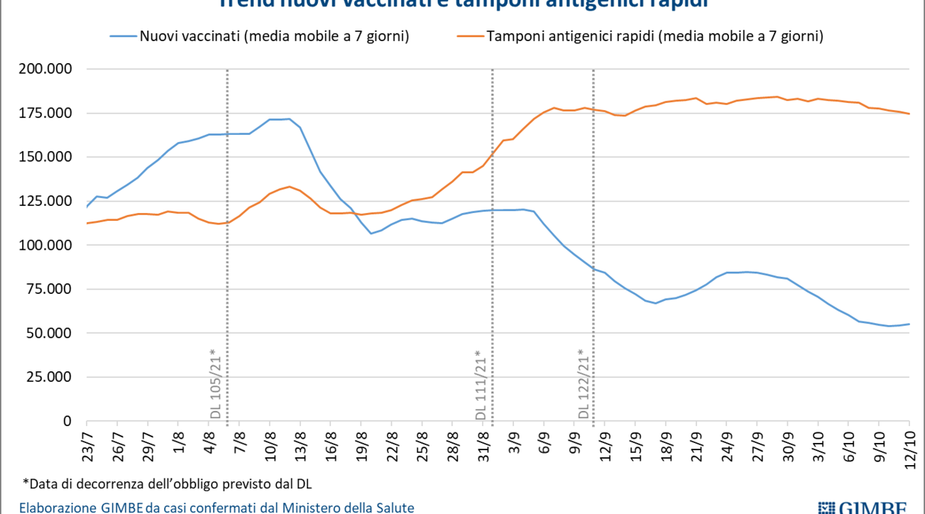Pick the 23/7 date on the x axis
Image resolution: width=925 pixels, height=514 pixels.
tap(88, 443)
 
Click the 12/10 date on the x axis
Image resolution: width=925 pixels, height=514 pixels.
tap(909, 444)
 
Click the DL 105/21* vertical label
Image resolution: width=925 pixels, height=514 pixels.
tap(217, 384)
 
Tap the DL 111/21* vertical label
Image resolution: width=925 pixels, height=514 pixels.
tap(481, 384)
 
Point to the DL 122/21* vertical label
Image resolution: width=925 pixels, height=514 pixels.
tap(584, 384)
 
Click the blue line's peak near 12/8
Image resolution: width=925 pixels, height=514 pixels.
tap(289, 119)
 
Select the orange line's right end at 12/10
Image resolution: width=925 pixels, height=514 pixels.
tap(909, 114)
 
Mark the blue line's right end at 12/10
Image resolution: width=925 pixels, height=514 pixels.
tap(909, 324)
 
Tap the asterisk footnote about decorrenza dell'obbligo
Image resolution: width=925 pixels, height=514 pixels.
tap(168, 484)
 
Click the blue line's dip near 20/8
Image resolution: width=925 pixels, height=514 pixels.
tap(371, 234)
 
